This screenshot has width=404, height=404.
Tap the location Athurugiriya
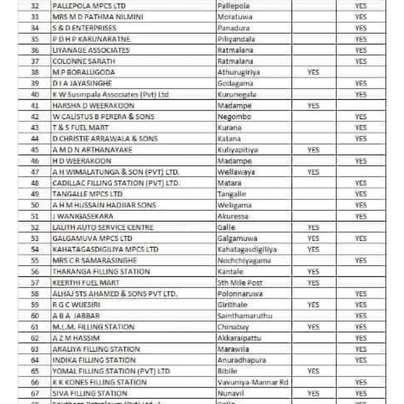[238, 73]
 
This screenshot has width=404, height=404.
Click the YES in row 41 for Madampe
[313, 106]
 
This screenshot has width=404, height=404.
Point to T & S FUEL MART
[80, 128]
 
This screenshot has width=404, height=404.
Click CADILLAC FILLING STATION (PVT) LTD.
[116, 183]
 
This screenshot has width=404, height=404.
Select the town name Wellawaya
[236, 172]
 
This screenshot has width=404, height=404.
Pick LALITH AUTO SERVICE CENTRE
[103, 228]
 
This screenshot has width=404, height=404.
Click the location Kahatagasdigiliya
[247, 250]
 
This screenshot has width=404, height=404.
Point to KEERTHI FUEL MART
[86, 283]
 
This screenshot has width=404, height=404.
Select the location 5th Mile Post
[240, 283]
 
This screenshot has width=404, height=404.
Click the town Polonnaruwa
[240, 294]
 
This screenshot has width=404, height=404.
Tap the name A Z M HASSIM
[76, 338]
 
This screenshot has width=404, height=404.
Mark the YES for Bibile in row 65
[313, 371]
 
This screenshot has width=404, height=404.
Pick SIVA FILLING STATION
[90, 393]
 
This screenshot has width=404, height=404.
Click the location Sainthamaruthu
[245, 316]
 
